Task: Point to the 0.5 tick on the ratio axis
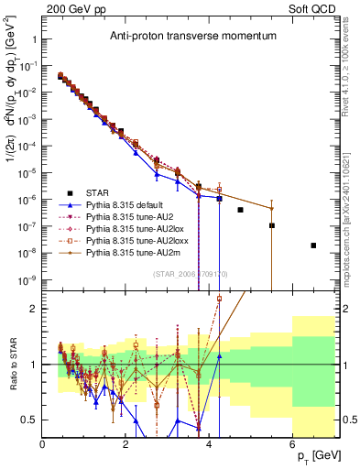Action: pos(30,420)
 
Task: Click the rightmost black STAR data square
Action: pos(313,245)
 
